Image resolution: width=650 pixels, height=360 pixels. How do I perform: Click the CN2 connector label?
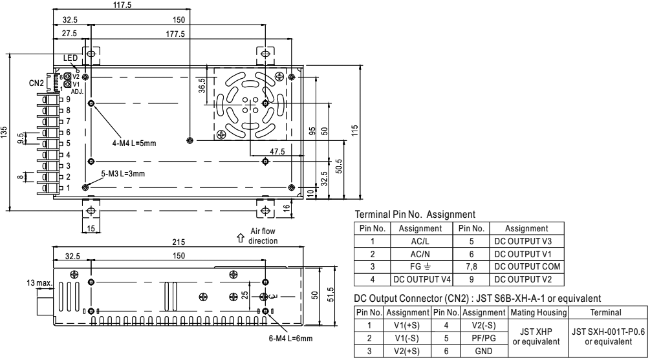point(36,83)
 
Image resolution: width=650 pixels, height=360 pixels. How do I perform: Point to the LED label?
point(70,58)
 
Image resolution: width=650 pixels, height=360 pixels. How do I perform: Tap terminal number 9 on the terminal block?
point(67,100)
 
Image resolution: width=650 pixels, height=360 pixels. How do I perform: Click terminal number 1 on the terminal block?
point(67,188)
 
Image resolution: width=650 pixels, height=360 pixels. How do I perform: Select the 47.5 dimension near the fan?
point(278,152)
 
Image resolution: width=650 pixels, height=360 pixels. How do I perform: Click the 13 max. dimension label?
point(22,282)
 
